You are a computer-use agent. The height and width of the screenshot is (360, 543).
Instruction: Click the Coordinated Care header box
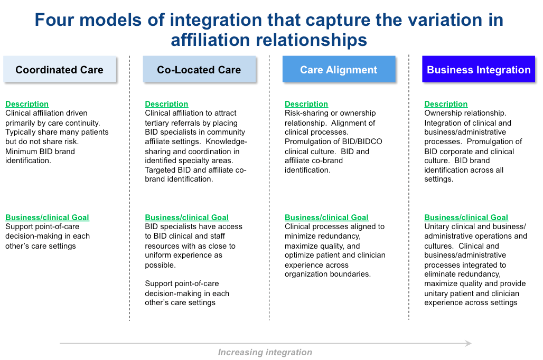[x=60, y=69]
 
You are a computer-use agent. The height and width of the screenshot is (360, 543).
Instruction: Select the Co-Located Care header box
[x=199, y=69]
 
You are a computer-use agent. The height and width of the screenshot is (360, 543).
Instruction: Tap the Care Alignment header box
[x=339, y=69]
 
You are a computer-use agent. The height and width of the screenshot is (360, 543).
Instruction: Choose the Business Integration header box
[x=479, y=69]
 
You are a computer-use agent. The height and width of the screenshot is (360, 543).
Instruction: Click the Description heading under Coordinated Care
[x=27, y=104]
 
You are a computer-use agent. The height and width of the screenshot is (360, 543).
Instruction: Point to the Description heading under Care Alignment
[x=306, y=104]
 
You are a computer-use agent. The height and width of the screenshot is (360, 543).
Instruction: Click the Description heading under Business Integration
[x=446, y=104]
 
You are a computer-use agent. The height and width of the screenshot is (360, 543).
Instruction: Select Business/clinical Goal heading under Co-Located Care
[x=186, y=217]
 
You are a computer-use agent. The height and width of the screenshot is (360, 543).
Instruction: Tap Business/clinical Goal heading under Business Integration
[x=466, y=217]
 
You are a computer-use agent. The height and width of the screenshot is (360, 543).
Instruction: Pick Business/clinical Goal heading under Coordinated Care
[x=47, y=217]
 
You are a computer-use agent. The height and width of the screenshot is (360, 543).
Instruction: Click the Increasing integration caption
[x=265, y=352]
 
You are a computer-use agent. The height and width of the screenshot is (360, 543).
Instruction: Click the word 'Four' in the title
[x=54, y=20]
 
